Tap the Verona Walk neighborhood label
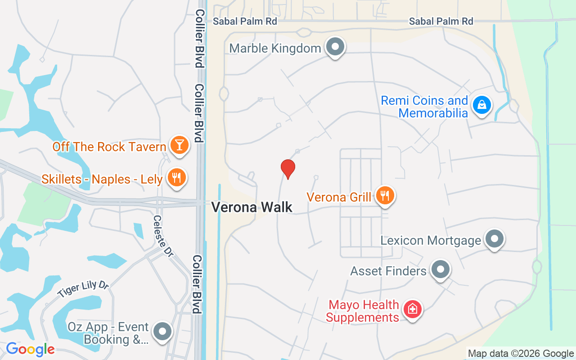click(252, 207)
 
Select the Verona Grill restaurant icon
click(385, 196)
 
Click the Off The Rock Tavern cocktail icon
click(180, 145)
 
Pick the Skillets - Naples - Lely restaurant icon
click(176, 178)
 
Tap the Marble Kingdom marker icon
click(335, 47)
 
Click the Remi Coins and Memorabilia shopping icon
click(482, 105)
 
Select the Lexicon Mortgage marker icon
click(495, 239)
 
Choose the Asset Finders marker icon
click(441, 270)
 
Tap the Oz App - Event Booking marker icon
click(162, 332)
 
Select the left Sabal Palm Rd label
click(245, 21)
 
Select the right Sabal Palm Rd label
click(441, 21)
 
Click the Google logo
click(30, 349)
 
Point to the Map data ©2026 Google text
click(521, 354)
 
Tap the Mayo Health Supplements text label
click(363, 311)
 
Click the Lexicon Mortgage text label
click(431, 240)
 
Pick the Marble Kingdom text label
click(275, 48)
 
